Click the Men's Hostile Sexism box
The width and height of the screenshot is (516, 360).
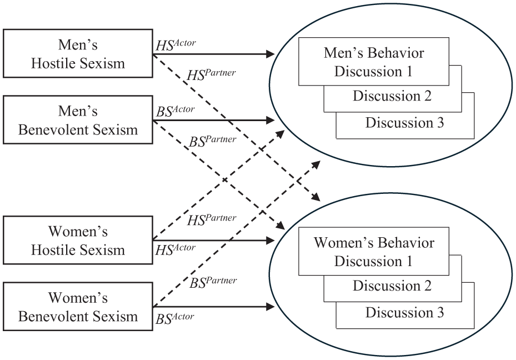click(x=78, y=54)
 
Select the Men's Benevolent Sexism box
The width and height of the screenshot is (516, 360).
click(x=78, y=120)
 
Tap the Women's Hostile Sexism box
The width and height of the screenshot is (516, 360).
click(x=78, y=240)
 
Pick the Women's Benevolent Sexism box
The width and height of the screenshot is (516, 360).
click(x=78, y=306)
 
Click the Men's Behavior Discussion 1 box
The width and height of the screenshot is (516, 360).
click(x=374, y=62)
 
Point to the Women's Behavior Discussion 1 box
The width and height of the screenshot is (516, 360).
click(x=374, y=252)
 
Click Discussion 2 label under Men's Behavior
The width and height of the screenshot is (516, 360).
click(x=392, y=96)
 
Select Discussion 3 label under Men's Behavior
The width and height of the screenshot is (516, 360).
click(x=404, y=123)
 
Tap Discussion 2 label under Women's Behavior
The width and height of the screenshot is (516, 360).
click(x=392, y=286)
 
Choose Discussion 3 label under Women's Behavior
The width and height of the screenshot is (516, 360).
click(x=404, y=313)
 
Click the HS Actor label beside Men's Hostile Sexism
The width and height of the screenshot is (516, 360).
click(x=176, y=45)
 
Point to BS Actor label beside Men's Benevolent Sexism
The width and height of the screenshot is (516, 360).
click(x=176, y=111)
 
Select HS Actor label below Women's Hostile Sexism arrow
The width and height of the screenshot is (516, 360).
click(x=176, y=250)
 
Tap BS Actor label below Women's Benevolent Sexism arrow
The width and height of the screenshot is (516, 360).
click(x=175, y=318)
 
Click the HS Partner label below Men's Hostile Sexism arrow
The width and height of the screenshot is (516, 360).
click(x=212, y=74)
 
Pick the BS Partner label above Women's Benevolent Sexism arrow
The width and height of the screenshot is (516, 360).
click(x=213, y=282)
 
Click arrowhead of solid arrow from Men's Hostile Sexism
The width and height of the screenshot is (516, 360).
click(x=270, y=54)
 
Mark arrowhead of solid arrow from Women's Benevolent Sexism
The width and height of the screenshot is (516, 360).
click(x=270, y=307)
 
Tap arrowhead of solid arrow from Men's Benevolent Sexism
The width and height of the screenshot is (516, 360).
click(x=270, y=121)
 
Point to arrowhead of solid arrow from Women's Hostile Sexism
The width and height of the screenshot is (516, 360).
click(x=270, y=241)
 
